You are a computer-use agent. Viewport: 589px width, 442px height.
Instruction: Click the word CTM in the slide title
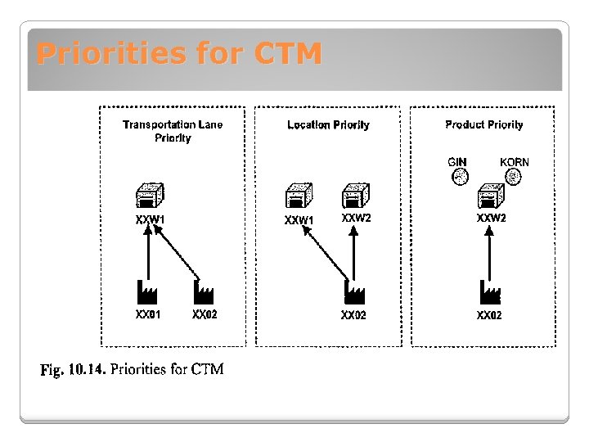coord(288,54)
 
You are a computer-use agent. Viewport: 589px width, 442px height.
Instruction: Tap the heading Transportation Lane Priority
coord(173,131)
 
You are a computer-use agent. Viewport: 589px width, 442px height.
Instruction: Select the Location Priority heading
coord(328,125)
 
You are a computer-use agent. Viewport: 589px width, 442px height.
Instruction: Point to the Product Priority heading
coord(483,124)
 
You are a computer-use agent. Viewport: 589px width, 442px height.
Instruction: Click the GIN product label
coord(457,162)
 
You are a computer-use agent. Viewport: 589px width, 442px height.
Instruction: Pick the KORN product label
coord(514,162)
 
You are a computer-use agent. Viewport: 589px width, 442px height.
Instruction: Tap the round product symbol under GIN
coord(460,175)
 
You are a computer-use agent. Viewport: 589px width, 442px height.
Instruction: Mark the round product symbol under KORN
coord(514,175)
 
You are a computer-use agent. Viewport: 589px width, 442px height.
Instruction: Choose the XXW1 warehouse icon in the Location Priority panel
coord(298,197)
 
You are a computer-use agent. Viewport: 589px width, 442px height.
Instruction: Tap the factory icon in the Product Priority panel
coord(489,292)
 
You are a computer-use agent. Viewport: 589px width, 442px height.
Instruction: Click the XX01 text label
coord(148,314)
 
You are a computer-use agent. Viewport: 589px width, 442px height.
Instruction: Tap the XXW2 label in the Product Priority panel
coord(492,219)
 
